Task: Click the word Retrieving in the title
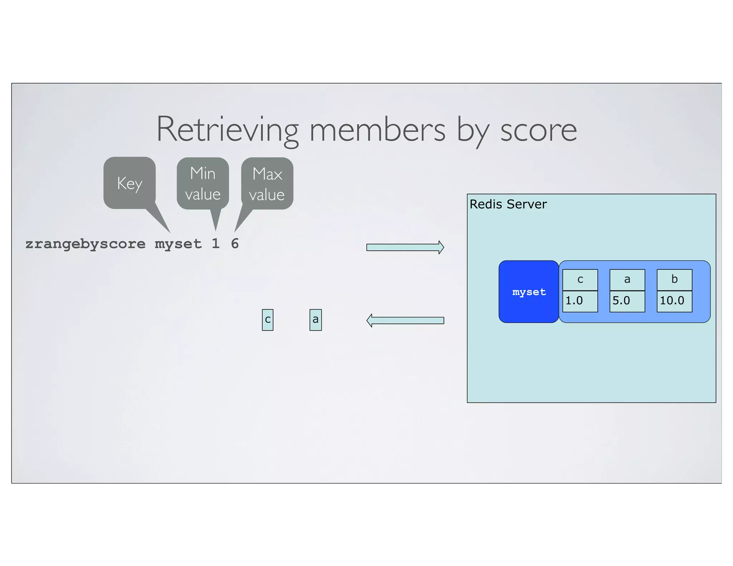coord(228,130)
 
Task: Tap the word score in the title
coord(538,131)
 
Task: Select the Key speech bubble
coord(130,183)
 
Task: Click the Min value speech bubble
coord(203,184)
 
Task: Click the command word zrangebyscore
coord(85,244)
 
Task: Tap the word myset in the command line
coord(178,244)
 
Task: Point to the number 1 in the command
coord(215,244)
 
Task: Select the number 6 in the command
coord(235,244)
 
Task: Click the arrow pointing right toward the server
coord(405,247)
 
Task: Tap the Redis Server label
coord(508,204)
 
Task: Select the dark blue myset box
coord(529,292)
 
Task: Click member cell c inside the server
coord(580,280)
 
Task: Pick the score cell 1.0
coord(580,301)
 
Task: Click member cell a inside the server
coord(627,280)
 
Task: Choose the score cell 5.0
coord(627,301)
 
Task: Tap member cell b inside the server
coord(674,280)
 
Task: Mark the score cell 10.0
coord(674,301)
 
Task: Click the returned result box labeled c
coord(267,320)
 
